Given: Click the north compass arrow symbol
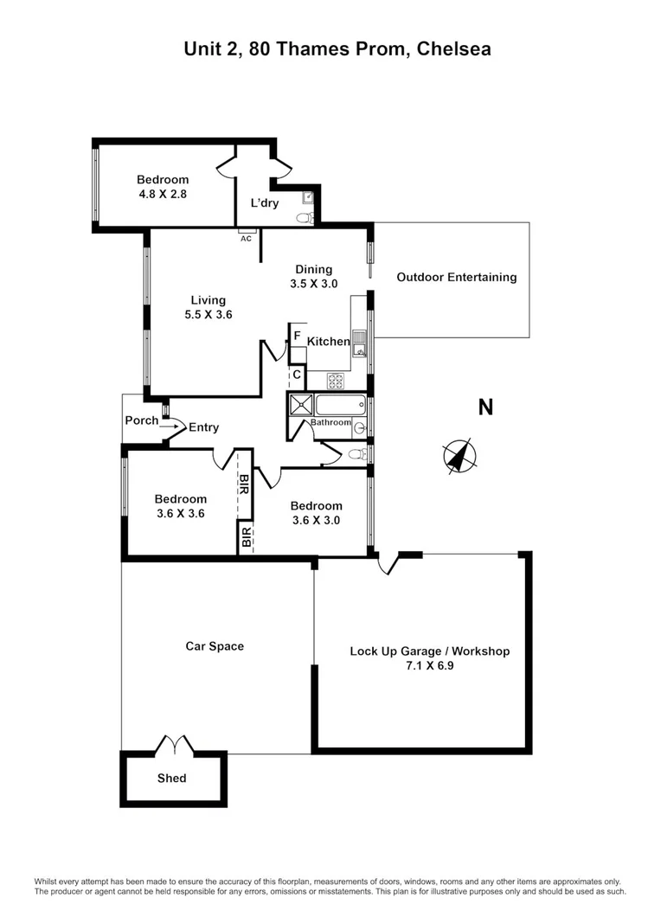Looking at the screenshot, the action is [459, 456].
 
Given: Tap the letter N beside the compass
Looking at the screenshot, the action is [485, 407].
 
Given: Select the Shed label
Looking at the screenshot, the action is [171, 778].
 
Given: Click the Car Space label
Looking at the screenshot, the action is [215, 645].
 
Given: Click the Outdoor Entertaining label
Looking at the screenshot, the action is [456, 278].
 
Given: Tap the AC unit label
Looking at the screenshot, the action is [246, 238].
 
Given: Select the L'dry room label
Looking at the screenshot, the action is [265, 203].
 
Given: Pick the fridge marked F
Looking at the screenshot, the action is [297, 337].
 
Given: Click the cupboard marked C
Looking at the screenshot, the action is [296, 375].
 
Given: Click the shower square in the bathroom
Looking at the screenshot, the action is [301, 404].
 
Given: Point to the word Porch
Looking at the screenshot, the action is [142, 420].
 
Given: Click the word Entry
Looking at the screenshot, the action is [203, 427].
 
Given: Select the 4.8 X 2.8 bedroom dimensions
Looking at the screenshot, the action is [163, 195].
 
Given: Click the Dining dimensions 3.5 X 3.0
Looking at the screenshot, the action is [313, 283].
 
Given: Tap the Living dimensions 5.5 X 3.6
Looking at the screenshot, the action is [209, 315].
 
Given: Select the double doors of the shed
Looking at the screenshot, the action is [173, 744].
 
